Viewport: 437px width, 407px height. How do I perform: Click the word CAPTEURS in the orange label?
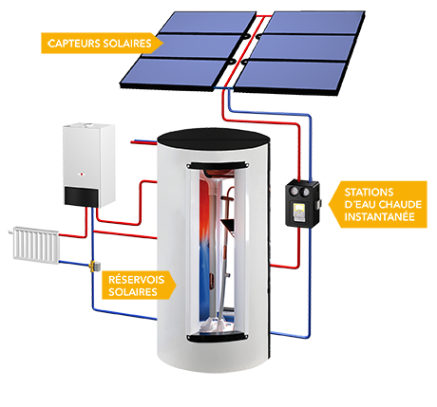[x=72, y=44]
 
